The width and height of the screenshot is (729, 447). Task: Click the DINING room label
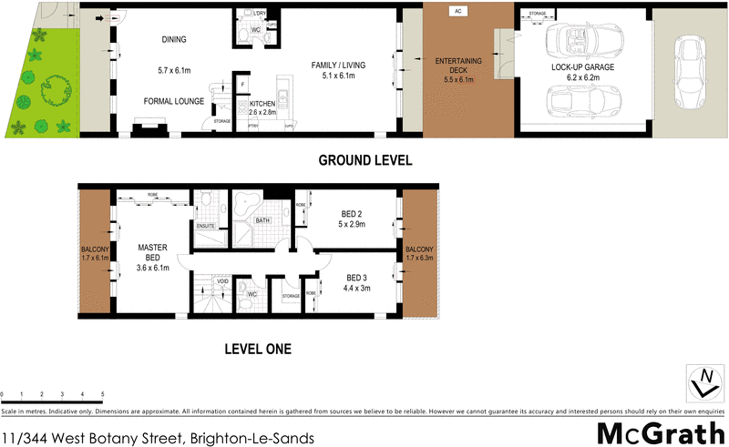click(x=173, y=40)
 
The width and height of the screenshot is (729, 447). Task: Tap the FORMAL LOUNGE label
click(x=173, y=102)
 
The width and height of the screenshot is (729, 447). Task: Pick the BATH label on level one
click(x=262, y=220)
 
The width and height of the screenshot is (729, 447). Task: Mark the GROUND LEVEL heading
click(x=364, y=160)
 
